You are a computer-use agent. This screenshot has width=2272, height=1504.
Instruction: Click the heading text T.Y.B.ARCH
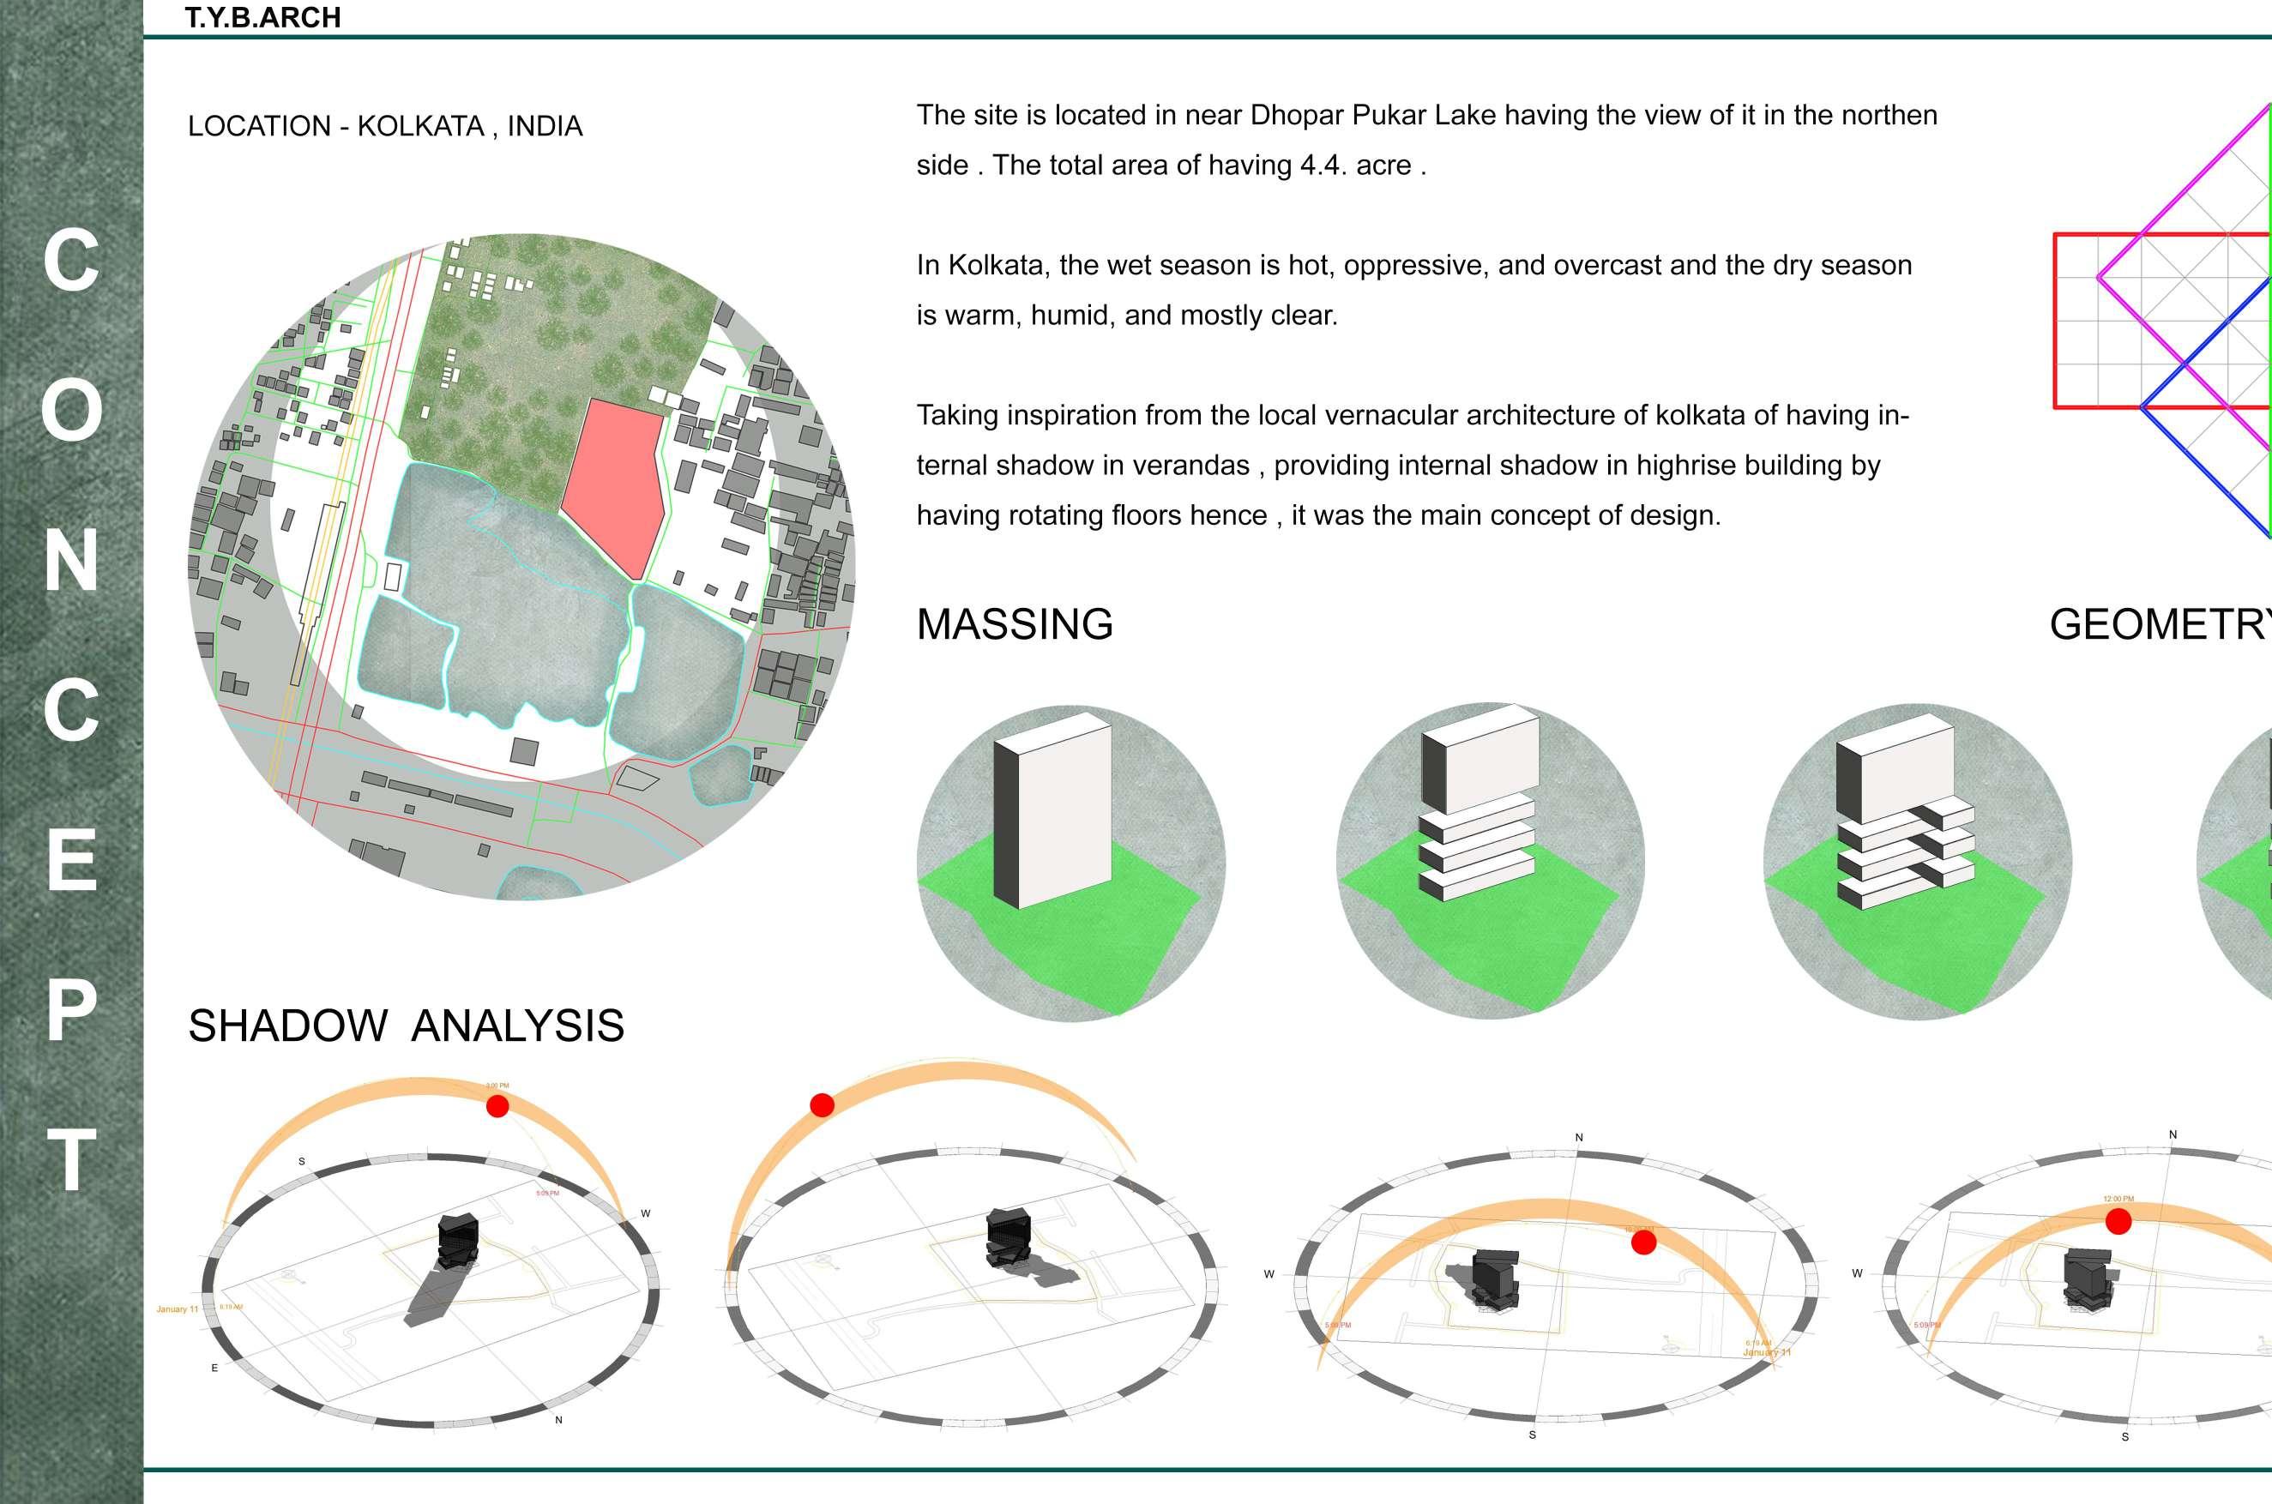262,18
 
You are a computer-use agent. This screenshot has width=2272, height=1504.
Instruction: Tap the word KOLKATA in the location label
420,127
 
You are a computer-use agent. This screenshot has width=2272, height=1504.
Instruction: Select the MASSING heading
1014,624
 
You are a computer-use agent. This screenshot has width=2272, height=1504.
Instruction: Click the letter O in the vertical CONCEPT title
71,411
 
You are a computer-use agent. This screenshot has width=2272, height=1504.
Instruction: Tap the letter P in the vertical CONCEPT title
71,1010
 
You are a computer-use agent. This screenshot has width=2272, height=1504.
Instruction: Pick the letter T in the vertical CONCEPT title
71,1161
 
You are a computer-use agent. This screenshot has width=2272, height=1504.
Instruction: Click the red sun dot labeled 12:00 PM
2118,1221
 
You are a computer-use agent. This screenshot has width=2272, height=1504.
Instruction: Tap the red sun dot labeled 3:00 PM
497,1106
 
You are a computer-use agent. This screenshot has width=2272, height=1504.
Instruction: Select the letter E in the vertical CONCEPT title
71,860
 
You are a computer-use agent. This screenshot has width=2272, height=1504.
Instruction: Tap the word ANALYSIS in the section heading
518,1026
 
